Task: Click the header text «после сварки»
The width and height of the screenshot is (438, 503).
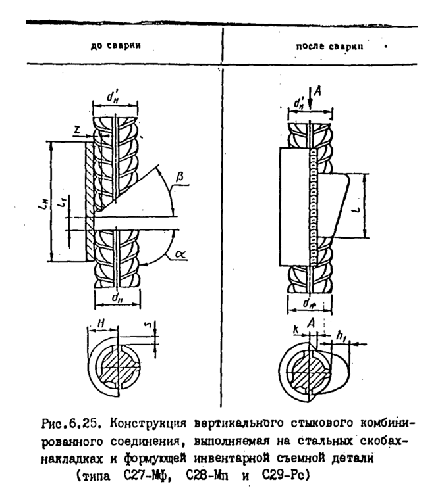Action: (x=329, y=48)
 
